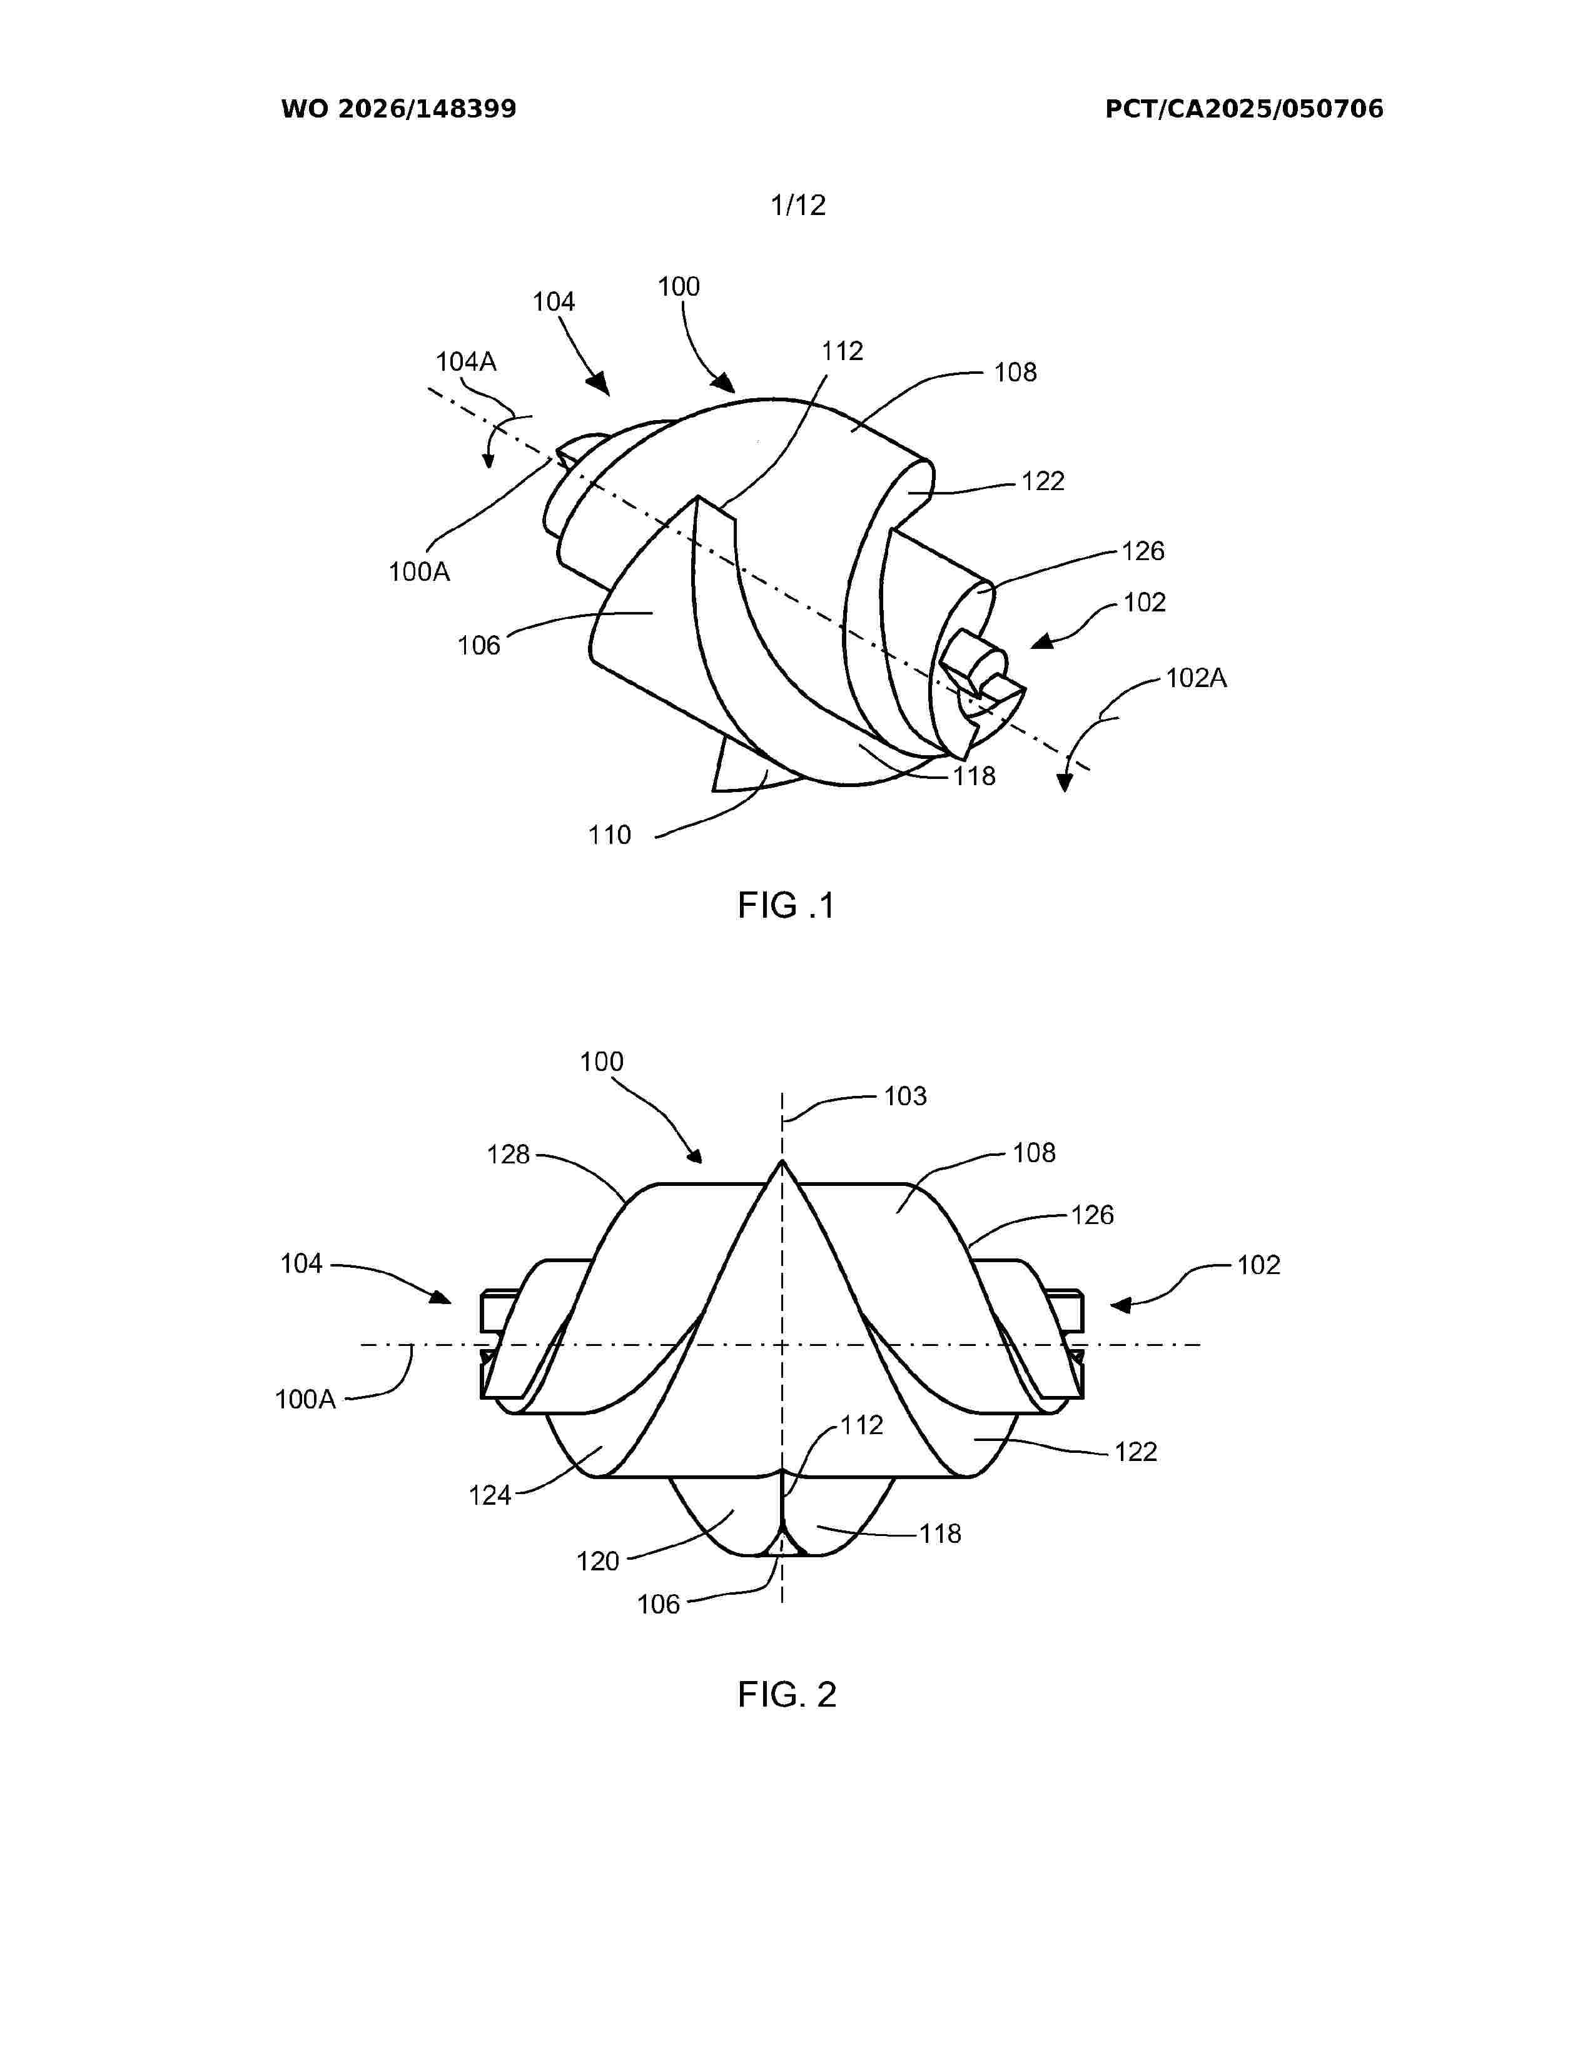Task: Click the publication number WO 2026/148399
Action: [399, 109]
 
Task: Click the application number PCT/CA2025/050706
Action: [1245, 109]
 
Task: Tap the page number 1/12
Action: [799, 205]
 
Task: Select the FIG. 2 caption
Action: [787, 1695]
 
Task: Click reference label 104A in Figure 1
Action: [466, 362]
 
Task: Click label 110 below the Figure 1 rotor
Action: [609, 835]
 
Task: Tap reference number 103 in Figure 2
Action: [905, 1096]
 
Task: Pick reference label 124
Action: [490, 1495]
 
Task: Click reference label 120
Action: [598, 1562]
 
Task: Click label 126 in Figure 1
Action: [1143, 551]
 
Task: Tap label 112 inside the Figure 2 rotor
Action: [862, 1425]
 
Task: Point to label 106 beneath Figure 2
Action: [659, 1604]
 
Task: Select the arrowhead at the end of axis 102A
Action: [1065, 782]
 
